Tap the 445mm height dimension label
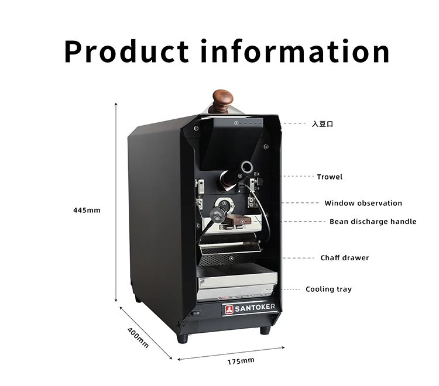87,210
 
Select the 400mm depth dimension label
138,337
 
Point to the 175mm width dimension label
241,361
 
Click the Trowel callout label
330,177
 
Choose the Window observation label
363,204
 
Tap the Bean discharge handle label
373,222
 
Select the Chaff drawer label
344,258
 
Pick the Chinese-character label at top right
322,124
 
